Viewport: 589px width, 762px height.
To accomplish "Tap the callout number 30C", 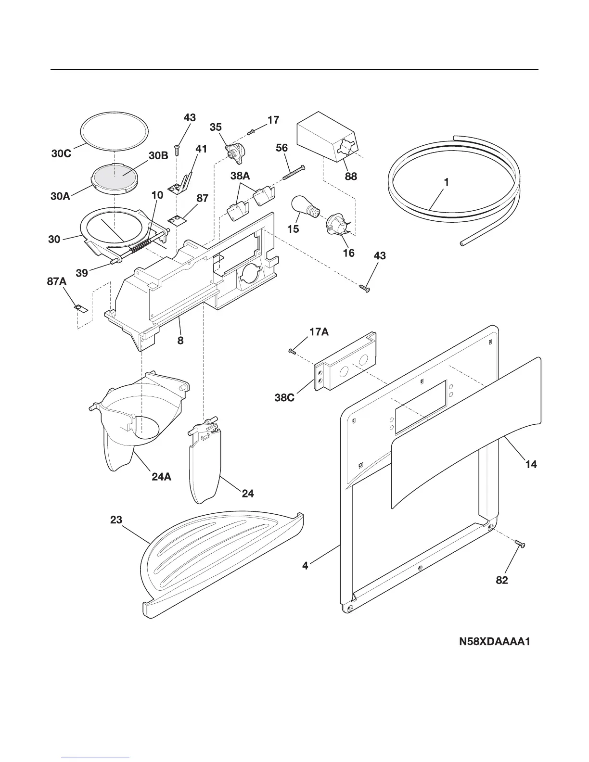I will (62, 154).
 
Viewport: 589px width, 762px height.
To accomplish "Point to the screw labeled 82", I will (520, 544).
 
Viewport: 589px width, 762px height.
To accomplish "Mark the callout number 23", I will (116, 520).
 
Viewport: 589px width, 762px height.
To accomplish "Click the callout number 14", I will (531, 465).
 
